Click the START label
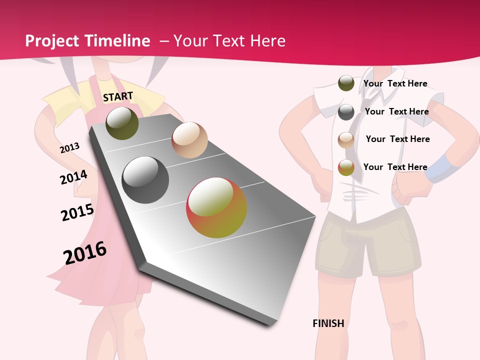118,96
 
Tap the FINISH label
328,323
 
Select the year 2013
69,148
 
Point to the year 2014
73,177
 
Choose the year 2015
77,212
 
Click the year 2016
85,252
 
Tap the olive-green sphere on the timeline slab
122,123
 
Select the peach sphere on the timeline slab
189,140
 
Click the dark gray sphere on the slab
145,180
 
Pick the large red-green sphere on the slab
216,207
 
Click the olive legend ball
346,83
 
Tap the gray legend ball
346,112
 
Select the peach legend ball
346,140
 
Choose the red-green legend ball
346,167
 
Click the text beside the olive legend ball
395,83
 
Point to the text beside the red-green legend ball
395,167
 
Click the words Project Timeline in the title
87,41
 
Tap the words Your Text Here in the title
229,41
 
